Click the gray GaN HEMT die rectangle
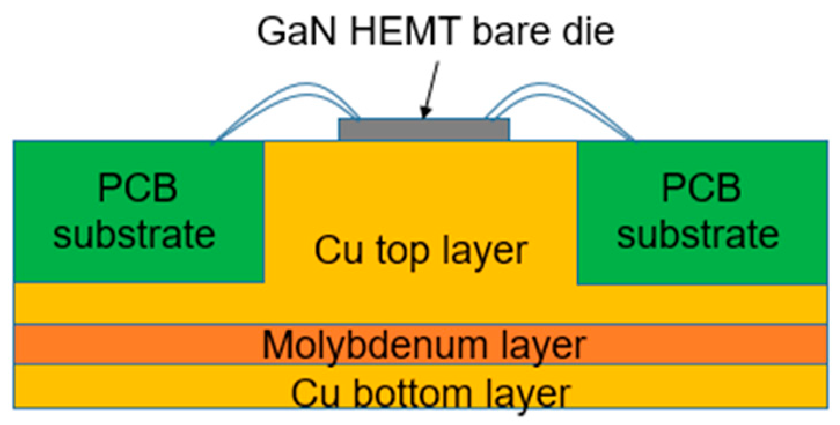coord(424,130)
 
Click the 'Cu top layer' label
coord(420,250)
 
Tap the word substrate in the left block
coord(138,234)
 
